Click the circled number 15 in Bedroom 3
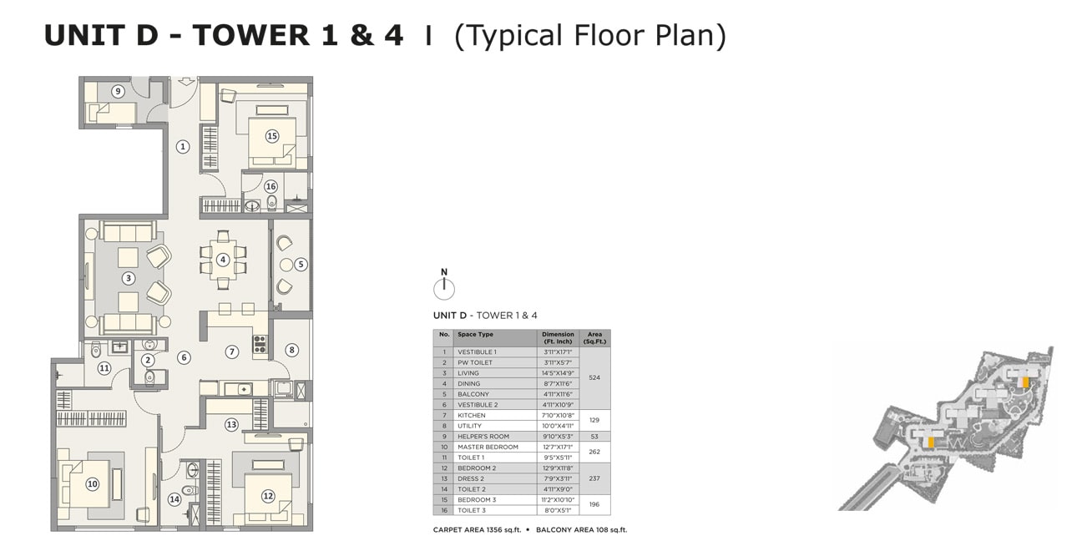[272, 136]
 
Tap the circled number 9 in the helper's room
[118, 91]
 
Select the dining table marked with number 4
[223, 260]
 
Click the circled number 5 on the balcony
[301, 264]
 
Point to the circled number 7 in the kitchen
[232, 351]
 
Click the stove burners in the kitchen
[260, 343]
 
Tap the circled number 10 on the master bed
[93, 484]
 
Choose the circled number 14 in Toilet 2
[174, 499]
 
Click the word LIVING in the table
[468, 373]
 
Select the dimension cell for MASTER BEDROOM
[558, 447]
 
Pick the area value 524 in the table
[594, 377]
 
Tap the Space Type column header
[475, 334]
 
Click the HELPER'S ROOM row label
[483, 436]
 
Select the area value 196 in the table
[594, 504]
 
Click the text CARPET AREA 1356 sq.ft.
[478, 530]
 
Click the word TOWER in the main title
[250, 36]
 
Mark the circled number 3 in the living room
[128, 278]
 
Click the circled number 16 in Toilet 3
[270, 186]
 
